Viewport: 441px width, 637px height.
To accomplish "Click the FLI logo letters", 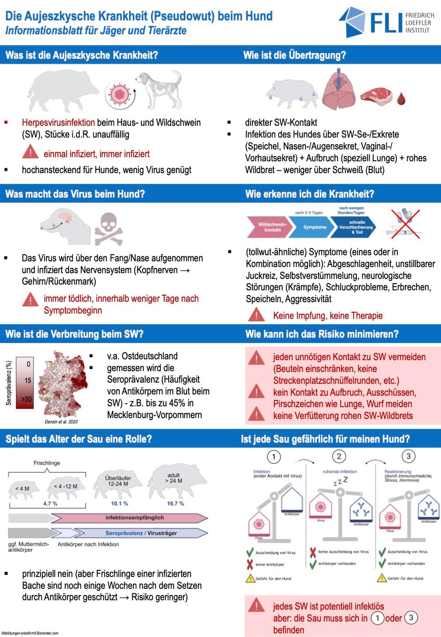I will pos(385,22).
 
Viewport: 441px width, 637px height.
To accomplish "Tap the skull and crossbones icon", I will pos(108,229).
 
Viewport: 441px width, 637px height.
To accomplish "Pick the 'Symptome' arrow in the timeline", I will pos(314,227).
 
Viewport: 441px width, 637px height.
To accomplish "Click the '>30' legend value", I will pos(27,399).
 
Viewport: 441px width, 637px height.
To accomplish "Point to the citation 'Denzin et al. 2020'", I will pos(61,421).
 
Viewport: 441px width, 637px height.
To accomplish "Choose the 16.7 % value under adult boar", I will pos(175,503).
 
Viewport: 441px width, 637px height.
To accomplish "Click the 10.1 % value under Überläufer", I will pos(119,503).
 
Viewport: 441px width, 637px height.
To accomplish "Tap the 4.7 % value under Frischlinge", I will pos(50,503).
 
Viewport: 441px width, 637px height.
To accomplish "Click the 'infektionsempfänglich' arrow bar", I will pos(134,518).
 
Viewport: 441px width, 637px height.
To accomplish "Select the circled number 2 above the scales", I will pos(339,457).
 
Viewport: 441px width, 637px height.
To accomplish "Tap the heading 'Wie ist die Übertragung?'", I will pos(294,55).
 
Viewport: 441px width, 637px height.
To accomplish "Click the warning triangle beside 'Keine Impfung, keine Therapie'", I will pos(256,315).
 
